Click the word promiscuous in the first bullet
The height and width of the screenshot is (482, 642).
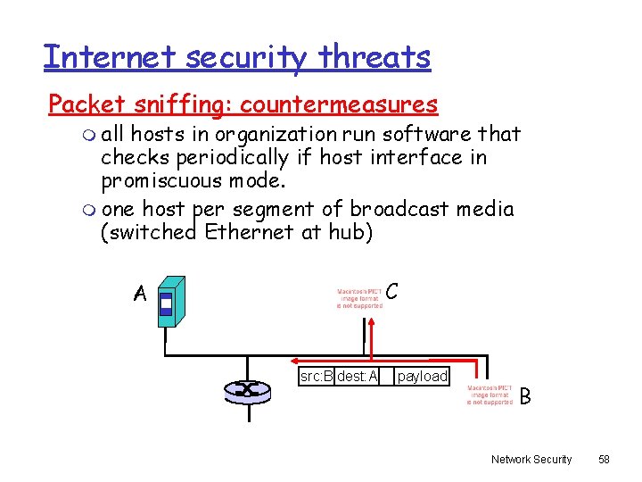pos(169,181)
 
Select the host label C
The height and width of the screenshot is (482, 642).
pos(392,291)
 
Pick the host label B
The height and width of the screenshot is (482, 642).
pos(525,395)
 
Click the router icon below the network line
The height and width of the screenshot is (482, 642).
pos(243,389)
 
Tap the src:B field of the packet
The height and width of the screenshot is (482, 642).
pos(317,377)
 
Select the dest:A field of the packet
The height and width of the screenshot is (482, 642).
pos(358,377)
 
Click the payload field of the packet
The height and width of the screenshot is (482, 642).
pos(422,377)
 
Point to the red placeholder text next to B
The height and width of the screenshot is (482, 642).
pos(490,395)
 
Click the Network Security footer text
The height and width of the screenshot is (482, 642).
pos(531,459)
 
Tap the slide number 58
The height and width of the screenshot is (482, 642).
pos(604,459)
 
